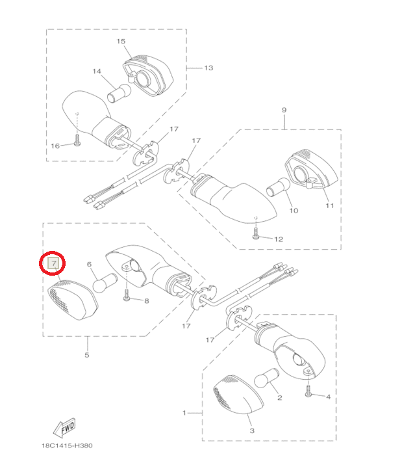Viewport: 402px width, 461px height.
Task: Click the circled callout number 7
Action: point(54,263)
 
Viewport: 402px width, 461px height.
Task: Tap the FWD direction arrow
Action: point(64,427)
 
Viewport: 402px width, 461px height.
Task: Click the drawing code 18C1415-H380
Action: point(67,445)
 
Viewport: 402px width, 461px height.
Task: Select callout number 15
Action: point(121,41)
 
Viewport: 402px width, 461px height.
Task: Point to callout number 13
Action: point(208,68)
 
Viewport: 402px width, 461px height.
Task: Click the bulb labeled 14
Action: point(119,93)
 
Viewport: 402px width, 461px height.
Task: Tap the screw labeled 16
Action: point(77,140)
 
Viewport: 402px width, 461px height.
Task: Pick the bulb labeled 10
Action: point(278,187)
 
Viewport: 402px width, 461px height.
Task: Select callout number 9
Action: point(284,110)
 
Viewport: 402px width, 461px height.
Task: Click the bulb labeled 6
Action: point(105,283)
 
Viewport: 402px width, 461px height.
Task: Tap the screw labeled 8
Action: point(127,295)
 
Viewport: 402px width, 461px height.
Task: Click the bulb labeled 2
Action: point(266,378)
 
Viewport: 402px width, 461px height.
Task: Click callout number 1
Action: point(184,413)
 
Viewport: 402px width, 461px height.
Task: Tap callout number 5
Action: point(86,355)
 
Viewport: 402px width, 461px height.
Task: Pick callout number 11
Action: point(329,206)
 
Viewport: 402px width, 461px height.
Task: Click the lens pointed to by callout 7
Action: point(73,300)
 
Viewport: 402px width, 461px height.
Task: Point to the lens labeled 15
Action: point(148,75)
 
